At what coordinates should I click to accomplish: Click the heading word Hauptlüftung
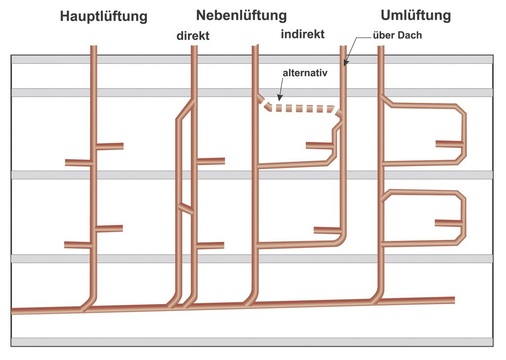104,16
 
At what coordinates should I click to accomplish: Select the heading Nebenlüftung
242,16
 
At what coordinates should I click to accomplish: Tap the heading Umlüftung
415,16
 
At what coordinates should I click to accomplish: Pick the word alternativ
305,73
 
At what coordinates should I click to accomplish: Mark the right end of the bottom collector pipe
452,299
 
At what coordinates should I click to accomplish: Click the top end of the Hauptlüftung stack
94,47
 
